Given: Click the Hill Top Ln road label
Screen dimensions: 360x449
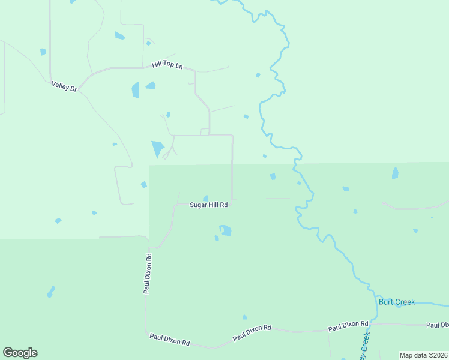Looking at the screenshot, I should click(167, 64).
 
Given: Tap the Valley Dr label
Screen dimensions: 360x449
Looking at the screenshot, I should click(65, 87).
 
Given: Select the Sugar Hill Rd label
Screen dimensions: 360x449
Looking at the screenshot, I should click(208, 205).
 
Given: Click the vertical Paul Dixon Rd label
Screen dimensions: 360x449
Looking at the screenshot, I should click(148, 274).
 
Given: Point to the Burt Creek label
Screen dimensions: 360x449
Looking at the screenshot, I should click(397, 302).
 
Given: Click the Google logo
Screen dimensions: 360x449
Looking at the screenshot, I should click(20, 353).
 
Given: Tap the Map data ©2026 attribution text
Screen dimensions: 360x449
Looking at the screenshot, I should click(424, 355).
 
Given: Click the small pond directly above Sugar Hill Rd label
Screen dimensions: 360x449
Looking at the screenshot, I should click(206, 198).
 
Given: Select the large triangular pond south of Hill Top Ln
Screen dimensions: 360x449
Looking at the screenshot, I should click(158, 148).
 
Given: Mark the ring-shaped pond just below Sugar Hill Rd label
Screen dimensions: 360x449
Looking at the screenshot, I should click(226, 230).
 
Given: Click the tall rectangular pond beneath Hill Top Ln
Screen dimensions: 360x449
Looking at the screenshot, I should click(135, 90).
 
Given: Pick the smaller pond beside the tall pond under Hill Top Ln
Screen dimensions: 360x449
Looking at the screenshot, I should click(151, 85).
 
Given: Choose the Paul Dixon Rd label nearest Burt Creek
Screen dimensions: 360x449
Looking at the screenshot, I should click(348, 326).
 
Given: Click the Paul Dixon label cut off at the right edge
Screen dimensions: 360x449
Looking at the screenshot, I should click(437, 325).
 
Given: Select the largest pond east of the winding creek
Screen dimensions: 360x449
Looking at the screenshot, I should click(395, 173).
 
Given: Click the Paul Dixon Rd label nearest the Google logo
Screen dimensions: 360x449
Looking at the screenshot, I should click(170, 340).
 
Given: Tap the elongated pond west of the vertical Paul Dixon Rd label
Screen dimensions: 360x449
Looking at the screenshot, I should click(51, 292).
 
